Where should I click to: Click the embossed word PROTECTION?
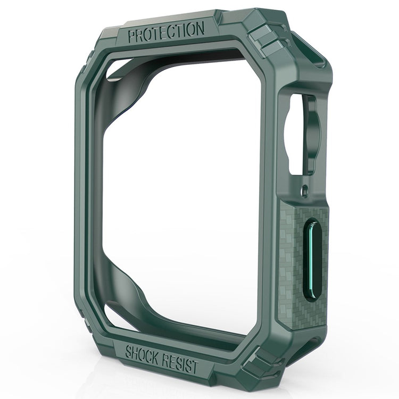(x=165, y=31)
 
